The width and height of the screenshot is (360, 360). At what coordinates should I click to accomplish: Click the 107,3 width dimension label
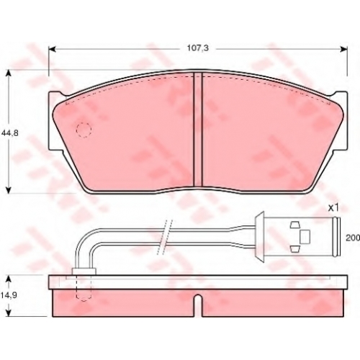(198, 48)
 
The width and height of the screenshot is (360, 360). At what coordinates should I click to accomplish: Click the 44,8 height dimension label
(10, 132)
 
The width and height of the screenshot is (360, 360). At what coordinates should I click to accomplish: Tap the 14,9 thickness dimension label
(9, 295)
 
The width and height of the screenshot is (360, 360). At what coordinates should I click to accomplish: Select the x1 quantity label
(333, 208)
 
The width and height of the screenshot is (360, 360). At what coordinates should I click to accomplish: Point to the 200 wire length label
(353, 238)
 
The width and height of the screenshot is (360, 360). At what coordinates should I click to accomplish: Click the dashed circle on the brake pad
(84, 130)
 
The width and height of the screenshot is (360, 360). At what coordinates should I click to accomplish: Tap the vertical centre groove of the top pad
(198, 129)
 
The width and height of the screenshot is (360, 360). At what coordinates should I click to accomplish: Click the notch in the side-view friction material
(198, 305)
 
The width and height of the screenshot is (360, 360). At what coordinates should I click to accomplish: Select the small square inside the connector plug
(305, 236)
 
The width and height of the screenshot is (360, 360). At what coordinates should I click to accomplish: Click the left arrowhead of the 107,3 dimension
(52, 49)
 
